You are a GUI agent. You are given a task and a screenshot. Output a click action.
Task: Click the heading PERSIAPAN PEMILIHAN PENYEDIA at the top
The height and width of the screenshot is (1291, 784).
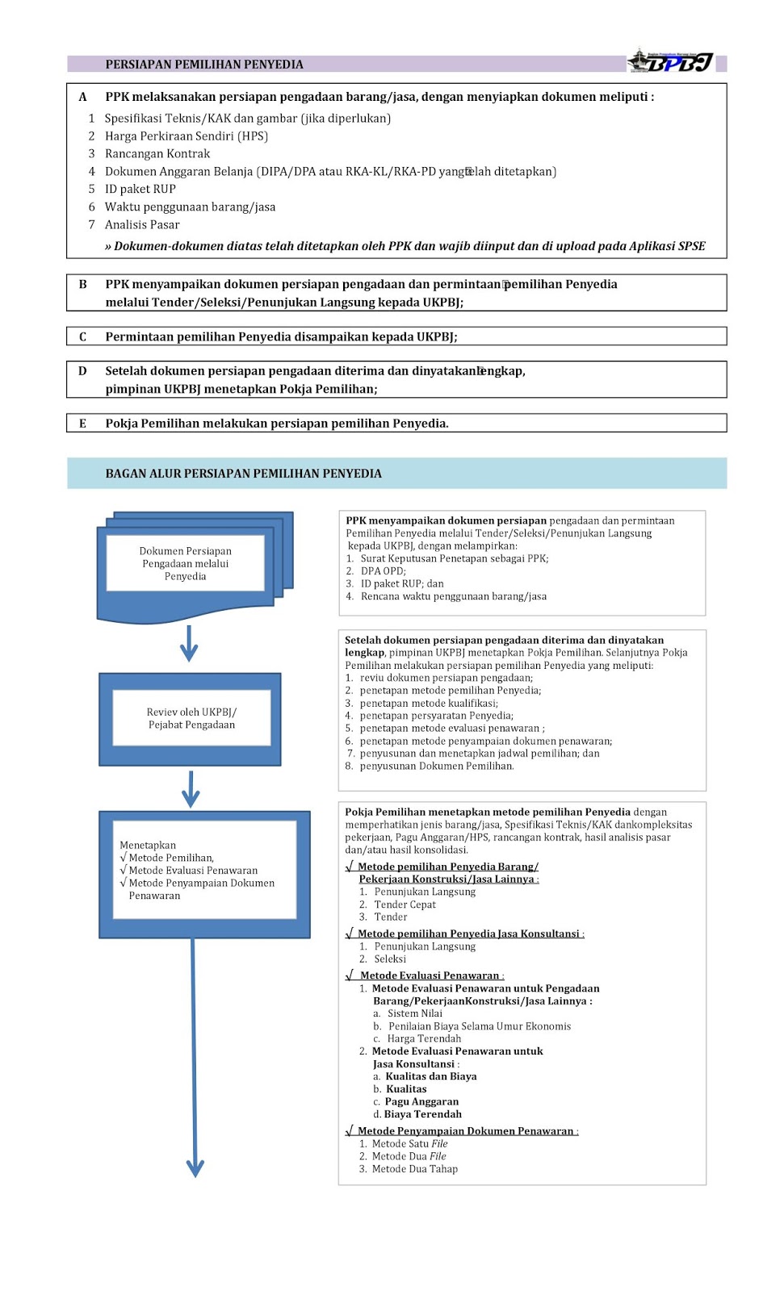[204, 65]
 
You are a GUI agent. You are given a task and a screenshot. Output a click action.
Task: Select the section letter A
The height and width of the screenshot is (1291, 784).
[82, 97]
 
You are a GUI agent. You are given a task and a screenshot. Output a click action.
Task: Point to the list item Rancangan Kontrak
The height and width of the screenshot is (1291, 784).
[157, 153]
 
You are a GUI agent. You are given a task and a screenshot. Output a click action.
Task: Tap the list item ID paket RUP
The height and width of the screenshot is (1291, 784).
[140, 189]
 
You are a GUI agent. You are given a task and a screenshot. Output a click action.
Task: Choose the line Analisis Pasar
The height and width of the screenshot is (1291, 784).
[142, 224]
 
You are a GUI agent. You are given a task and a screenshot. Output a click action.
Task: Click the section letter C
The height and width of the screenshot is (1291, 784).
[82, 336]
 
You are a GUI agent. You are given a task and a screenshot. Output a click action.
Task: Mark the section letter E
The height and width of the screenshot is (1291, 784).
[82, 424]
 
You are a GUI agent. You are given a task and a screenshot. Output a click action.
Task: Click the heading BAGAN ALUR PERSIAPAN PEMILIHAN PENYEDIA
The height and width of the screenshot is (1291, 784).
[243, 474]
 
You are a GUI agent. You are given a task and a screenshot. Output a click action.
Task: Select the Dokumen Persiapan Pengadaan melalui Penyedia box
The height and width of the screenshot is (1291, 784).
[186, 563]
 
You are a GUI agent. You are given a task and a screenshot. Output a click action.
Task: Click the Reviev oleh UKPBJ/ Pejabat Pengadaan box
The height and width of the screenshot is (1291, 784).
[191, 718]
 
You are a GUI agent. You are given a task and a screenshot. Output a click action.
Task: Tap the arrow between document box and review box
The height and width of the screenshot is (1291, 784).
[189, 644]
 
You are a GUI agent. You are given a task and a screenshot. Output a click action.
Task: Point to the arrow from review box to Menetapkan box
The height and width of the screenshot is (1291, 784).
[191, 789]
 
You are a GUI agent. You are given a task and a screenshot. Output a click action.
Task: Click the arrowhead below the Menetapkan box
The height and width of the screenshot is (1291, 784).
[195, 1167]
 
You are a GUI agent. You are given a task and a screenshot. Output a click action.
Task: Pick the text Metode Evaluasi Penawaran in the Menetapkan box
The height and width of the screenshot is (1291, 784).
[193, 871]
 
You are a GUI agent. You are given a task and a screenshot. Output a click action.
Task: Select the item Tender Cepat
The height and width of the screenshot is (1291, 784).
[405, 905]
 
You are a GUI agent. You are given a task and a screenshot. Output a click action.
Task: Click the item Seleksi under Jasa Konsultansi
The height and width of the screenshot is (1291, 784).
[390, 959]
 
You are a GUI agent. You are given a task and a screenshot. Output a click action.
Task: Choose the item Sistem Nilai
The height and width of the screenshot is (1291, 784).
[414, 1013]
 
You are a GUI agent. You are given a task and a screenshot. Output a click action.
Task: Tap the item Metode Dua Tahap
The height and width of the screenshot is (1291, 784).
[414, 1168]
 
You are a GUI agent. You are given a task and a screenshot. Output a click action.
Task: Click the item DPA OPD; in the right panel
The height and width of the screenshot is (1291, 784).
[383, 570]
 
